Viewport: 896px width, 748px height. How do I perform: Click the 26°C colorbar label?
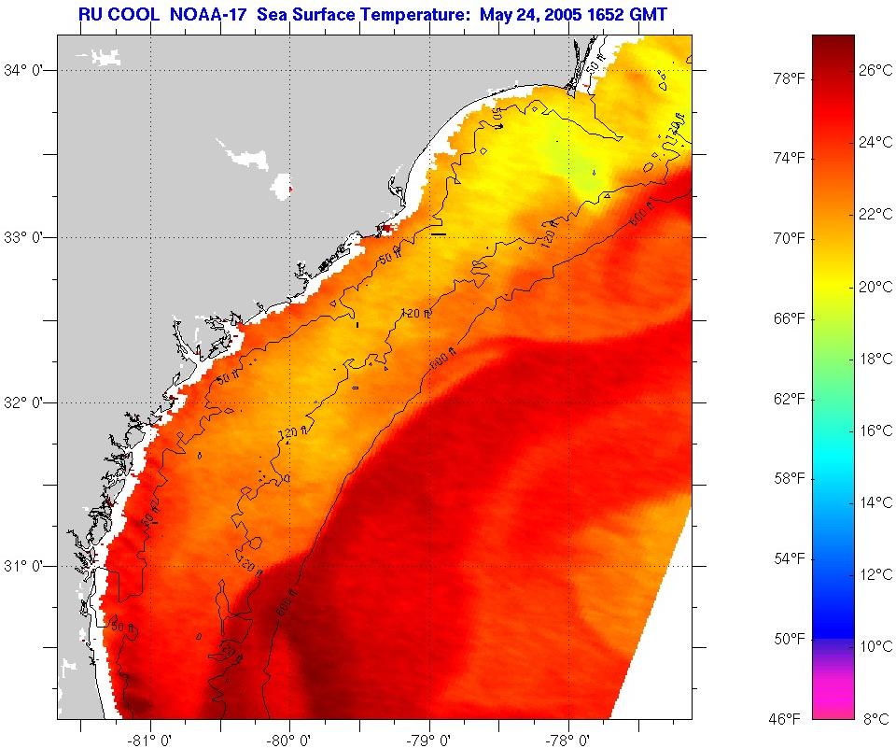coord(875,70)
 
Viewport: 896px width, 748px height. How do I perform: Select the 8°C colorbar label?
coord(875,718)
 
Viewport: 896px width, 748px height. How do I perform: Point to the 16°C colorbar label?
coord(875,430)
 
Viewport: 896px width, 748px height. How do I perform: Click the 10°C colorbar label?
coord(875,646)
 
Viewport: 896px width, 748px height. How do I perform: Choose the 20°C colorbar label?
coord(875,287)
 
